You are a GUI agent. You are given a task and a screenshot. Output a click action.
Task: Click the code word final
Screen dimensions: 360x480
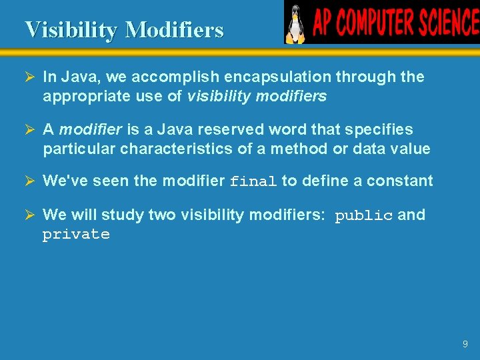click(253, 181)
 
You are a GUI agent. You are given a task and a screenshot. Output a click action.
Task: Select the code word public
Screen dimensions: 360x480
click(363, 215)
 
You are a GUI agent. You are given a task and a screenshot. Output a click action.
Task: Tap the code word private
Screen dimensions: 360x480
click(76, 235)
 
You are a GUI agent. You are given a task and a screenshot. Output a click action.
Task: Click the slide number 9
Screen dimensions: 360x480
click(465, 344)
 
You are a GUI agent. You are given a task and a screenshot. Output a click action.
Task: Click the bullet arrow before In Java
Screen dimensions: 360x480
click(30, 77)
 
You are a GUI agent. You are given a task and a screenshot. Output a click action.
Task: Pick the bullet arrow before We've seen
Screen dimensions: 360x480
click(30, 181)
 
